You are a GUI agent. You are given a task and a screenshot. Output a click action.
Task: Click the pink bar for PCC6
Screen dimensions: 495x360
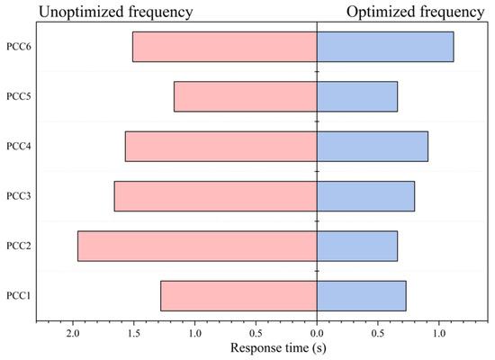click(225, 47)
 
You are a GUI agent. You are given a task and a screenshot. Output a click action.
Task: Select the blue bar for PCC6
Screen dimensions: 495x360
click(385, 47)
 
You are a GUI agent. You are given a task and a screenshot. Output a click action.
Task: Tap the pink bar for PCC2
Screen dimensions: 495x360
click(197, 247)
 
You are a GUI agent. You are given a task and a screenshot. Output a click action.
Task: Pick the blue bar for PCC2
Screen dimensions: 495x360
click(357, 247)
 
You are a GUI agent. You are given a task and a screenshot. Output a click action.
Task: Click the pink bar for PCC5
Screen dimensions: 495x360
click(246, 96)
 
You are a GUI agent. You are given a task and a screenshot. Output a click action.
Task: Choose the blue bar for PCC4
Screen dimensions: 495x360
click(373, 147)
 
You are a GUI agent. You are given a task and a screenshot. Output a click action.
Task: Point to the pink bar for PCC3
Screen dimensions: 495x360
click(216, 196)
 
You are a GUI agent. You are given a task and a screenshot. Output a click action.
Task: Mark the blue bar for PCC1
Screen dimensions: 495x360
click(362, 296)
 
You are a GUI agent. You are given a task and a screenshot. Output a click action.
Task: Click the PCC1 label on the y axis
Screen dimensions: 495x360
click(19, 296)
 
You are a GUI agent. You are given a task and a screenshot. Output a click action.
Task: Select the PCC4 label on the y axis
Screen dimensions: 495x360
click(19, 147)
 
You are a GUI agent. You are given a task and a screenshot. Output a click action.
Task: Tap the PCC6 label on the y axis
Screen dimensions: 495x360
click(19, 47)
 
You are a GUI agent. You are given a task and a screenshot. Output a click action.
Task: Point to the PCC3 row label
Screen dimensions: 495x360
click(19, 196)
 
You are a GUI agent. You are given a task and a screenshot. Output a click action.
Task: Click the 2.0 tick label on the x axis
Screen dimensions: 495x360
click(73, 334)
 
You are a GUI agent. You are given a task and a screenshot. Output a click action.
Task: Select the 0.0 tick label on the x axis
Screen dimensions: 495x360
click(317, 334)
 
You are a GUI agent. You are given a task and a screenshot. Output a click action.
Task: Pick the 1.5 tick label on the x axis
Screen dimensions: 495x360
click(134, 334)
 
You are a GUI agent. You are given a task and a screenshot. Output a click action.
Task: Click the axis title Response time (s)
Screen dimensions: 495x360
click(278, 348)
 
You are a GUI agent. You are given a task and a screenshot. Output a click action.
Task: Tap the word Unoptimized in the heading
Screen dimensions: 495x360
click(81, 13)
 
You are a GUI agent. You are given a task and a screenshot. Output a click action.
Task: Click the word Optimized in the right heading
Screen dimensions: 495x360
click(381, 13)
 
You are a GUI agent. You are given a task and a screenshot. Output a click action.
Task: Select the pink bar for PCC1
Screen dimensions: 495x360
click(238, 296)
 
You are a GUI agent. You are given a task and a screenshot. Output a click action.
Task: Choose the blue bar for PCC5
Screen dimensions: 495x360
click(357, 96)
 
